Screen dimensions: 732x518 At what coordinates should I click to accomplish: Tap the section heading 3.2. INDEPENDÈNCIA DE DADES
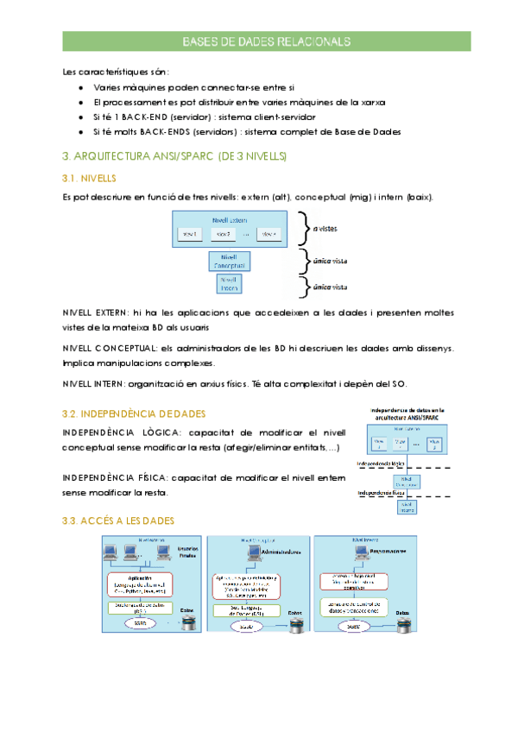[x=134, y=413]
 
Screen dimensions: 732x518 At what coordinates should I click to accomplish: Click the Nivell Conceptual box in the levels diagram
[x=229, y=261]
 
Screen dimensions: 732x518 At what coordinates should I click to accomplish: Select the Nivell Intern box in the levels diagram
[x=229, y=284]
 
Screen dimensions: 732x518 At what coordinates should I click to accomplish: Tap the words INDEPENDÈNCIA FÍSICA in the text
[x=114, y=477]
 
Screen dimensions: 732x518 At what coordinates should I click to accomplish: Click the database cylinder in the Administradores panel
[x=298, y=624]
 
